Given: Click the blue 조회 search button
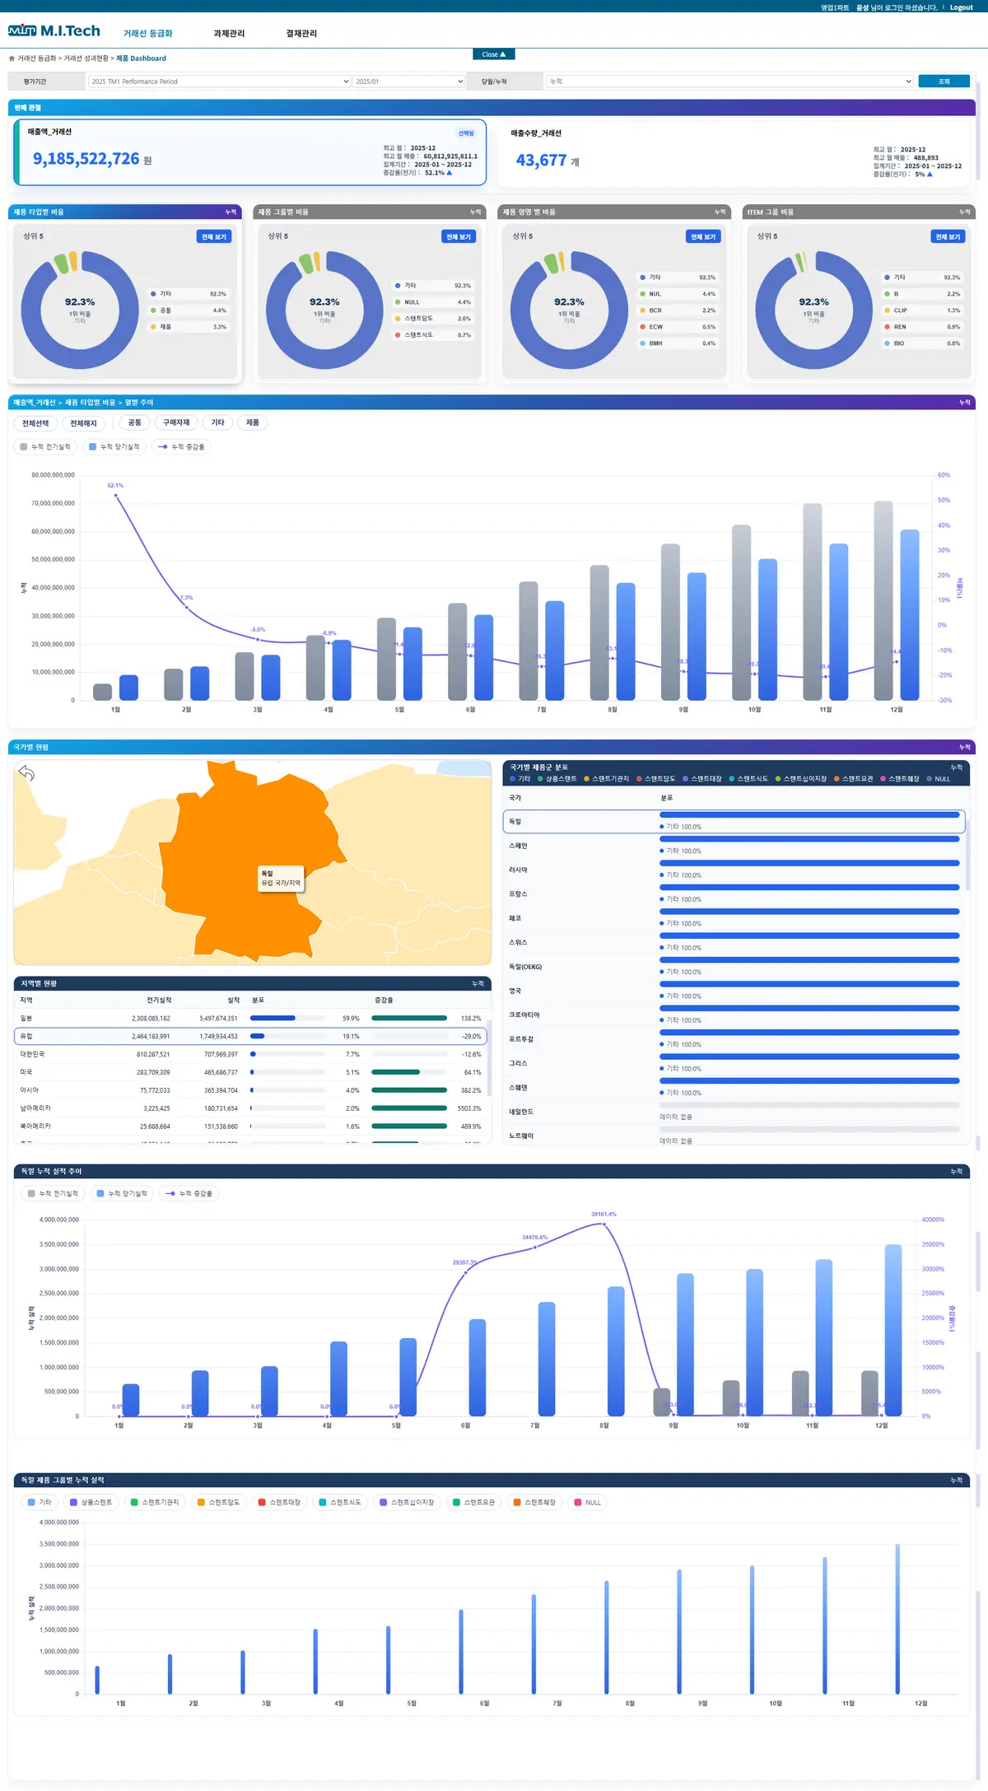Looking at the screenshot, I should click(944, 82).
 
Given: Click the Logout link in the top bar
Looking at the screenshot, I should click(961, 7).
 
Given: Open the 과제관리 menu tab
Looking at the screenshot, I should click(229, 34).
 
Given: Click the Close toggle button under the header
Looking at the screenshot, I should click(494, 54).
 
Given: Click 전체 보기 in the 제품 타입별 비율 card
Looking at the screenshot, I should click(213, 237).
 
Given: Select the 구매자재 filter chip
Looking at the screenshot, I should click(176, 423).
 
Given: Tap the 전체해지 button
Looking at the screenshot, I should click(83, 423).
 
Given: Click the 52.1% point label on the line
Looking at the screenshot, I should click(115, 486).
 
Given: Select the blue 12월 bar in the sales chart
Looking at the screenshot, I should click(909, 613).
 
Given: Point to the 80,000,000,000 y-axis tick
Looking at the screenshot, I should click(53, 475).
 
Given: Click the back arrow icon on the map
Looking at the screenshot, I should click(27, 773).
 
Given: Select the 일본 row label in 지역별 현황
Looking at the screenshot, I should click(26, 1019).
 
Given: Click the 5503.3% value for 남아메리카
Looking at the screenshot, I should click(469, 1108).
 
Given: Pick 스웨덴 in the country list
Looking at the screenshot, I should click(518, 1088).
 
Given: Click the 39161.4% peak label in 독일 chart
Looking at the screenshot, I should click(604, 1215).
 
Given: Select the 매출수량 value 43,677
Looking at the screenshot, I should click(541, 161).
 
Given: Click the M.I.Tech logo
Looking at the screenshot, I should click(54, 31).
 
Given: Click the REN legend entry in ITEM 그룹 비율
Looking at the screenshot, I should click(900, 327).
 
